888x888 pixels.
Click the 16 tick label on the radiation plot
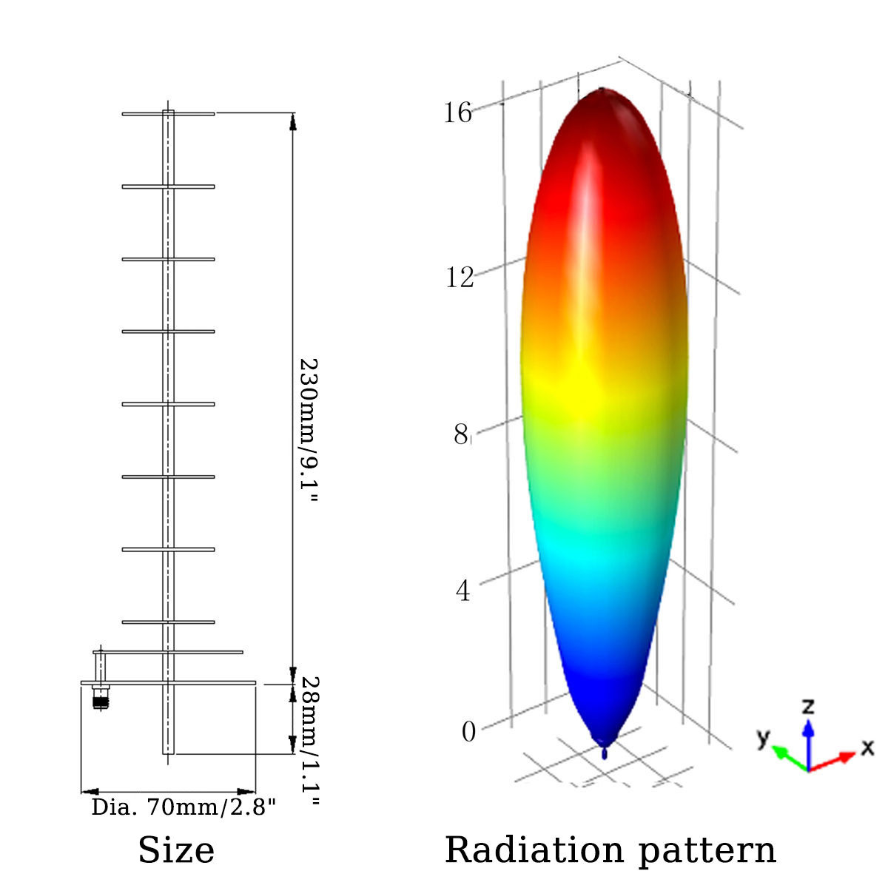457,112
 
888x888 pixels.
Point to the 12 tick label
459,277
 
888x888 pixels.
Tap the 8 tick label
461,435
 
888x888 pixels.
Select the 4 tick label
463,591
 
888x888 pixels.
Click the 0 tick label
468,732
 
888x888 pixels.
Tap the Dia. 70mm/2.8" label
184,807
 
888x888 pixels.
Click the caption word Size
176,850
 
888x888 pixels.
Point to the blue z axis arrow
809,740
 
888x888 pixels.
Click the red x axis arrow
835,761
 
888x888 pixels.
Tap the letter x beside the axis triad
867,748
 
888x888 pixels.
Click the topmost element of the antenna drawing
168,113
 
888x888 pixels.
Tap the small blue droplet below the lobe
606,753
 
